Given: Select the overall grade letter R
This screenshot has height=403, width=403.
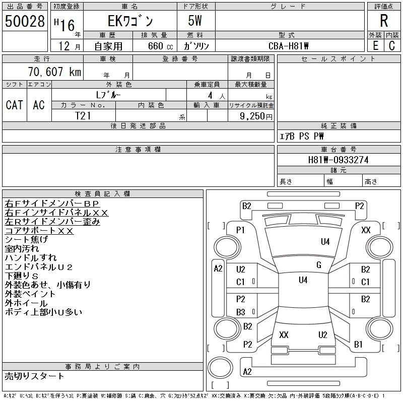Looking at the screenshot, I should click(383, 21).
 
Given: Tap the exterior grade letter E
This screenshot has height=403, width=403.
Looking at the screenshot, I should click(375, 45).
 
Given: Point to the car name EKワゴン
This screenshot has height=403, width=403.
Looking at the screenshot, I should click(129, 22).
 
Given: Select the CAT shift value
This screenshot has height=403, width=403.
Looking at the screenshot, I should click(14, 105).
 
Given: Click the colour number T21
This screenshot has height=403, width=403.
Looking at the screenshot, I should click(83, 115).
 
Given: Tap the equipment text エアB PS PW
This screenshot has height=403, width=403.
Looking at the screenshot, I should click(302, 136).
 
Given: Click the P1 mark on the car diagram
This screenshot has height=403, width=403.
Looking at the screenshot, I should click(240, 230).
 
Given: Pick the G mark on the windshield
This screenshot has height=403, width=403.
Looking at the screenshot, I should click(318, 265).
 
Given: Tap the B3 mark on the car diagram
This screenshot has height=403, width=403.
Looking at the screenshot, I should click(240, 312).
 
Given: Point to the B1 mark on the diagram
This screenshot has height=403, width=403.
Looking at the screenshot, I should click(358, 345).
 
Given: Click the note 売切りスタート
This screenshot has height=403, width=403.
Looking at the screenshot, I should click(35, 376).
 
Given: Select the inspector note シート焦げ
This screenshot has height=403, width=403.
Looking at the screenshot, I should click(27, 240).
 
